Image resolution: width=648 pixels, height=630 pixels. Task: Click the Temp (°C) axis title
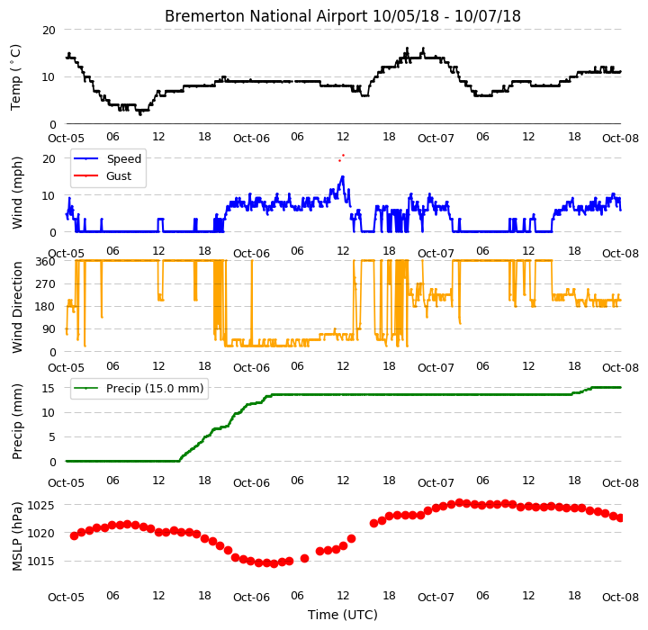15,77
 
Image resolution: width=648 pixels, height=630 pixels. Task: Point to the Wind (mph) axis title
17,193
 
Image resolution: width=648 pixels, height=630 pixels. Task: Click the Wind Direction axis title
17,307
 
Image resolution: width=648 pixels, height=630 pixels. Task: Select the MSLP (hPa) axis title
17,536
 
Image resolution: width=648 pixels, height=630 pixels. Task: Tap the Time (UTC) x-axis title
343,615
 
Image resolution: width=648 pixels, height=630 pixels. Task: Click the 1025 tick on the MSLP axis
40,506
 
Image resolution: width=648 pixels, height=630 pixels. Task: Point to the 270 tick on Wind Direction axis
46,284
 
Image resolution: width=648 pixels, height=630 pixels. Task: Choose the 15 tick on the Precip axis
48,388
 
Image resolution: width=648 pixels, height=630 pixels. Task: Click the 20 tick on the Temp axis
49,31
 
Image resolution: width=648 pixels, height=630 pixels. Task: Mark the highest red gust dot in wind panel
344,156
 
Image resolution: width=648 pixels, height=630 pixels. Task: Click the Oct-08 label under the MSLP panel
620,598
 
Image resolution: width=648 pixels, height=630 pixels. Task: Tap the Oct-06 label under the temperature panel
251,138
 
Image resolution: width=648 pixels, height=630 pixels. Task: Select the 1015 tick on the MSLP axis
40,562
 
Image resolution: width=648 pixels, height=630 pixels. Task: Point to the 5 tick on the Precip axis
51,437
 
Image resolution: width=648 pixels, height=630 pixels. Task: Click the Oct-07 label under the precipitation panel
436,482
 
